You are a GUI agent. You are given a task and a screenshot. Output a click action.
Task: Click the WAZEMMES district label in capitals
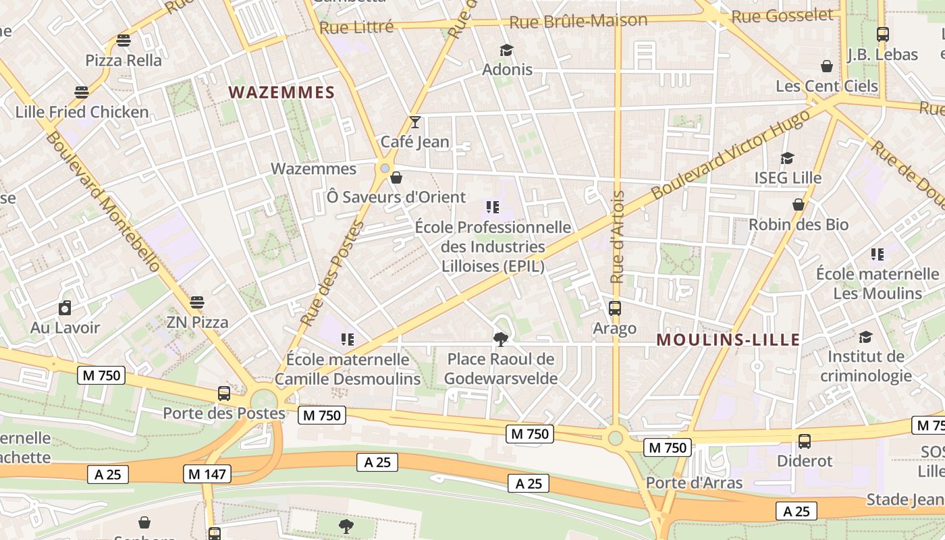tap(281, 92)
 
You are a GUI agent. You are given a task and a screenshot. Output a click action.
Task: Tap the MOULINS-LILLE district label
tap(728, 340)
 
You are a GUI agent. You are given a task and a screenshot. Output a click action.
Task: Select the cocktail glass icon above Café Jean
tap(415, 122)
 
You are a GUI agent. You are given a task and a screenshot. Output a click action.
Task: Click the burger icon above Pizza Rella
tap(123, 40)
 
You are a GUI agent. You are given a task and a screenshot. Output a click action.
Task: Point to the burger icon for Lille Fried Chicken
tap(82, 92)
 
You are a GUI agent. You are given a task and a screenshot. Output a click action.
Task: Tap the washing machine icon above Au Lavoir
tap(65, 308)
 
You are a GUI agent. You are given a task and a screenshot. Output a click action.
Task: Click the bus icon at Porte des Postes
tap(223, 394)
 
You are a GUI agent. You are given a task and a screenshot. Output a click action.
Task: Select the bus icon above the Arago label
tap(614, 308)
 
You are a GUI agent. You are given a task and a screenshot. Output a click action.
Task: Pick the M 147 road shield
tap(207, 475)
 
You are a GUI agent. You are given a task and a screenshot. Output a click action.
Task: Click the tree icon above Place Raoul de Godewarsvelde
tap(500, 339)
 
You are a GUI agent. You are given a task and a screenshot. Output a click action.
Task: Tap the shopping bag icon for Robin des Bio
tap(799, 205)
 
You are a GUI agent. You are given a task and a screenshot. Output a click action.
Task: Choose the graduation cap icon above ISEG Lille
tap(787, 159)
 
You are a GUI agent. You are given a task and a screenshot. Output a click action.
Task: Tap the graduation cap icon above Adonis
tap(506, 50)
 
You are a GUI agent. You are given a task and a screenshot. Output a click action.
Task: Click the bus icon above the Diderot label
tap(804, 441)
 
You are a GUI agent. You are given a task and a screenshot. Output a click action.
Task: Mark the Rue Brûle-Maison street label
tap(578, 22)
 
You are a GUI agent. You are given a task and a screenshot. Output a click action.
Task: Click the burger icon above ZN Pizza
tap(196, 302)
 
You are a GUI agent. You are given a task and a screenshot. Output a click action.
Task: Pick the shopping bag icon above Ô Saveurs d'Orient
tap(396, 178)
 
